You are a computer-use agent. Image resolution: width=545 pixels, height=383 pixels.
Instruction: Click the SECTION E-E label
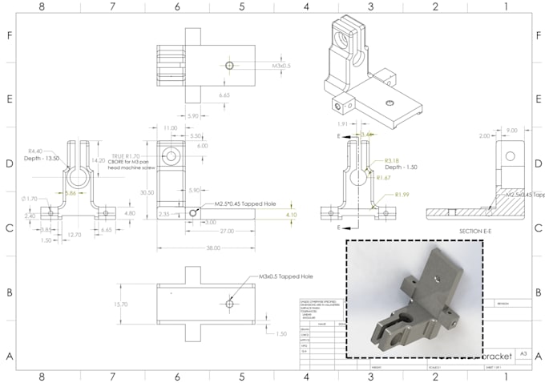[470, 232]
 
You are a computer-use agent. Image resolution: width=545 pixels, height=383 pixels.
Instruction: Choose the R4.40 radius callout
[36, 151]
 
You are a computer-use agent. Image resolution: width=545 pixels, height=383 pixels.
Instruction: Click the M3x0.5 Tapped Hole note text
[285, 276]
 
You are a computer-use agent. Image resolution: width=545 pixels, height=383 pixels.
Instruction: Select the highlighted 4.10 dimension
[291, 215]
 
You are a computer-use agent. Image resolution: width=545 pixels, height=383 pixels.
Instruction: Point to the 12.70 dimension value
[75, 235]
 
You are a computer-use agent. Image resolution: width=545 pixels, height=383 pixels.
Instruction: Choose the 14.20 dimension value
[99, 160]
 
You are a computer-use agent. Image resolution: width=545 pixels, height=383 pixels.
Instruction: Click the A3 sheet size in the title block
[523, 353]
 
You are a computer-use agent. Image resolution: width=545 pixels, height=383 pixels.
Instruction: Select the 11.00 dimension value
[170, 128]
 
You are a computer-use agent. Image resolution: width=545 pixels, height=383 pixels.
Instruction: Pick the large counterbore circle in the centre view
[171, 155]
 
